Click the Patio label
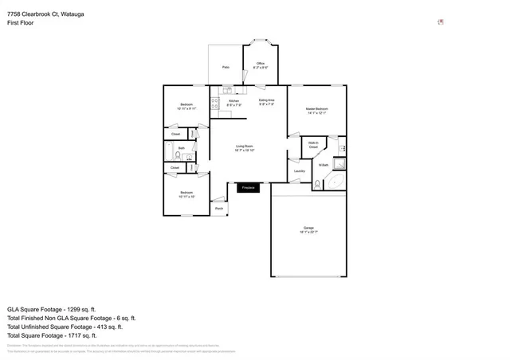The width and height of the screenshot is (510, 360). (x=226, y=68)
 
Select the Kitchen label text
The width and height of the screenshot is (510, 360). (x=233, y=102)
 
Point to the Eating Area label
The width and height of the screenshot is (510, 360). (x=266, y=101)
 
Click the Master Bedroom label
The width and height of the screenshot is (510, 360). (x=316, y=110)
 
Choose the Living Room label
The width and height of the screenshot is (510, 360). (x=245, y=147)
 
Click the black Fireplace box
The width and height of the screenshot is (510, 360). (x=248, y=188)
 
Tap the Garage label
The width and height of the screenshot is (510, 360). (x=308, y=229)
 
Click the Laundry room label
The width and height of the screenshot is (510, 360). (x=300, y=170)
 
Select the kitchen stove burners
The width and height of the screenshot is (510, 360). (x=214, y=103)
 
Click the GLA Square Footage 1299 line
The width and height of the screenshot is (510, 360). (x=51, y=308)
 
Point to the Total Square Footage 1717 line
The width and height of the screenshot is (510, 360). (x=58, y=335)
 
